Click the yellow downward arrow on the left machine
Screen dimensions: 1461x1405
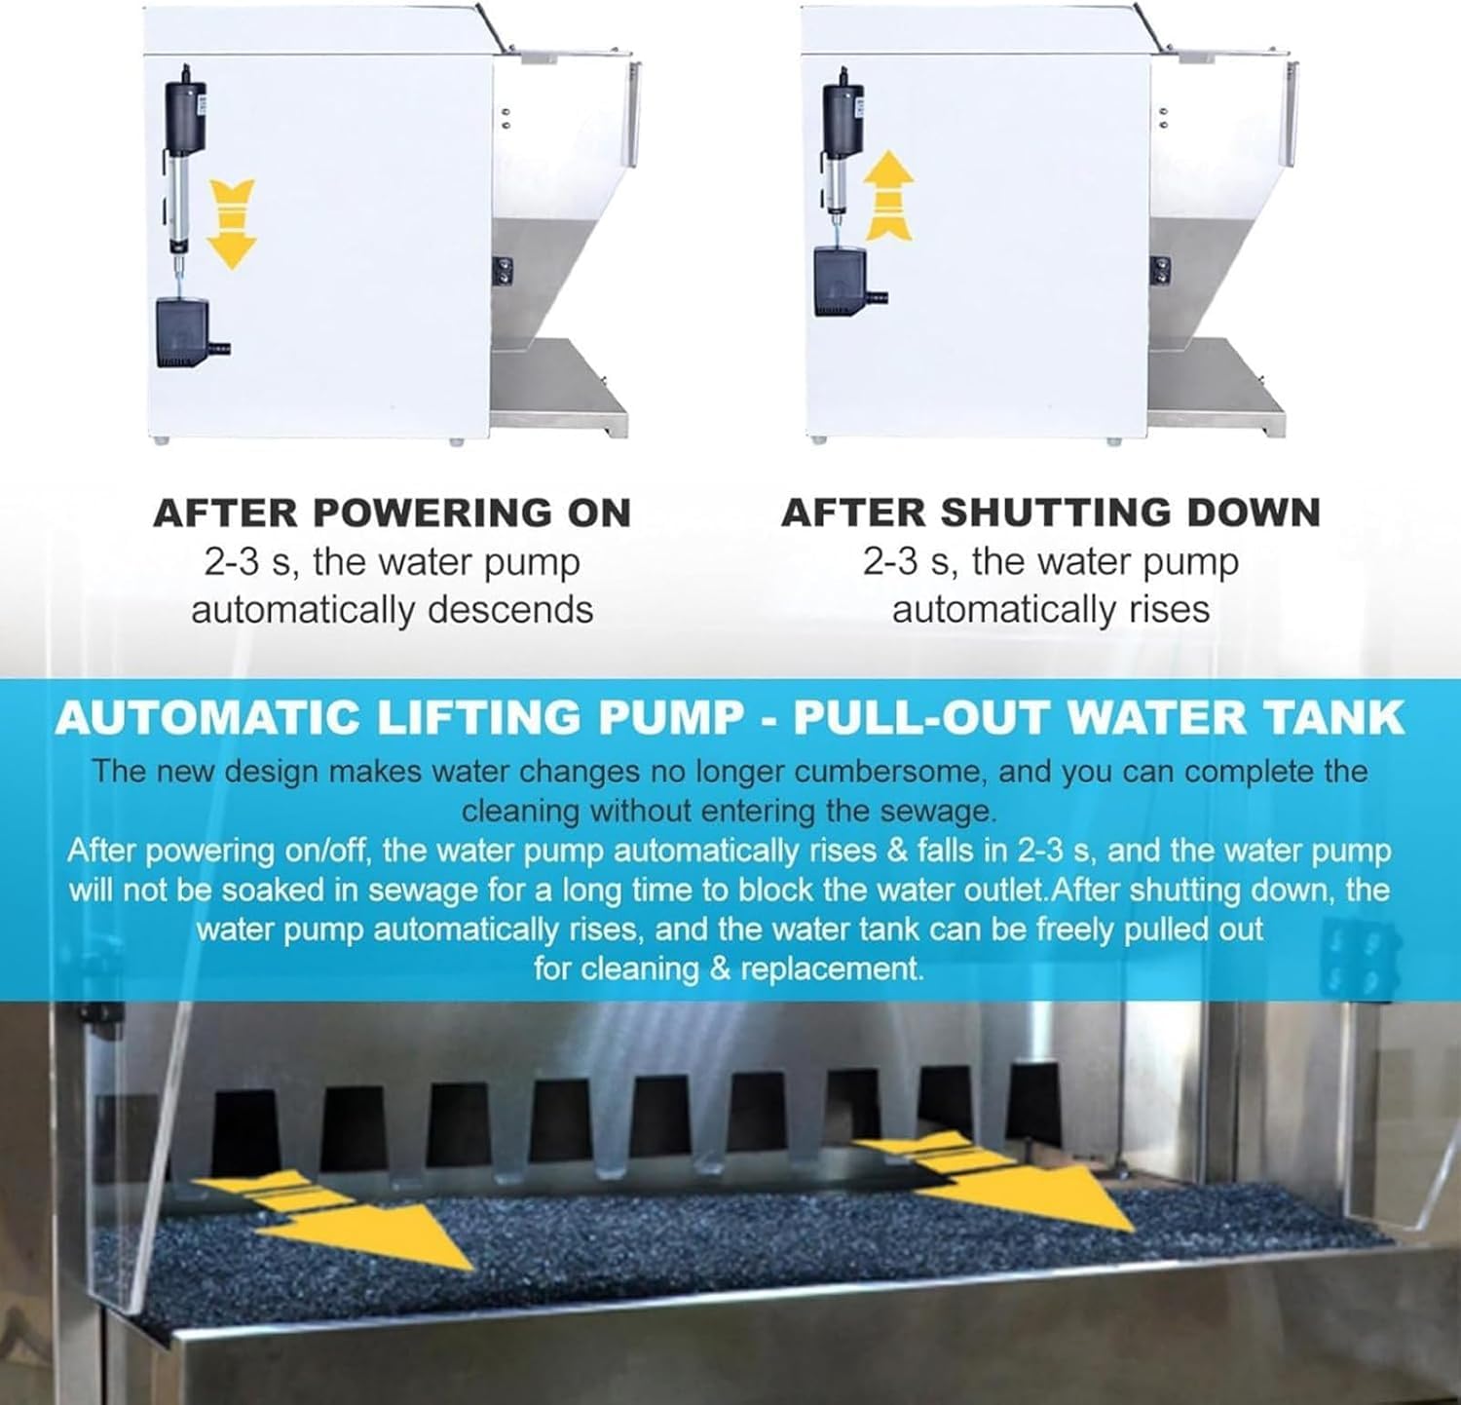[231, 223]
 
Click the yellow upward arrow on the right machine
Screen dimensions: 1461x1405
[890, 198]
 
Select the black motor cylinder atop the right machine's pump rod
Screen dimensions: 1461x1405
[843, 112]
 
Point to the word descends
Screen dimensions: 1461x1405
[509, 611]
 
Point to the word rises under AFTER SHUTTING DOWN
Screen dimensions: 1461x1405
[1169, 611]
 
